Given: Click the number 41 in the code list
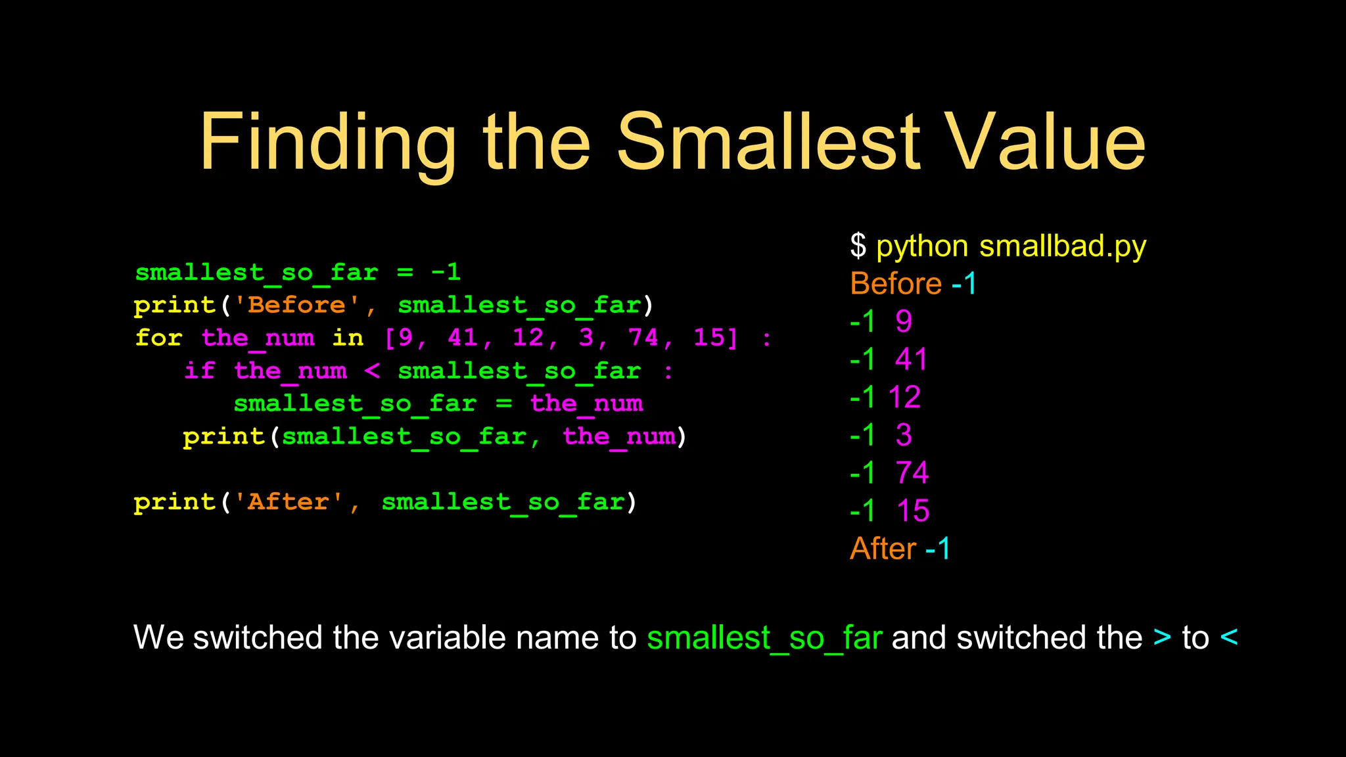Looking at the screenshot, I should point(463,338).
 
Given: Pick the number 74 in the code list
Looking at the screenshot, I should point(643,338).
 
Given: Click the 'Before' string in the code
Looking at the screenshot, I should point(297,305).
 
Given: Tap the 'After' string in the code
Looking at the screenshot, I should point(289,502).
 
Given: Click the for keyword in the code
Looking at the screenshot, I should point(158,338).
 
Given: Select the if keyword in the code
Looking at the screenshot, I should point(199,371).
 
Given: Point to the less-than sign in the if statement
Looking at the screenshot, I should point(372,371).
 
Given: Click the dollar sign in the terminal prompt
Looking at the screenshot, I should point(858,246).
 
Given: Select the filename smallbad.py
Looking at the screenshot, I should point(1062,246).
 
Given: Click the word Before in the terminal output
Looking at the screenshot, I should point(896,284).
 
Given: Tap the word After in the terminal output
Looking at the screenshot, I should point(883,549).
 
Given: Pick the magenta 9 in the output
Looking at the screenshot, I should point(904,322).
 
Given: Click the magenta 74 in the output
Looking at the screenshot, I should point(912,473).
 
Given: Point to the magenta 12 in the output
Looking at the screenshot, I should point(904,398).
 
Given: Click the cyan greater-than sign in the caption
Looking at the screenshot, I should point(1162,638).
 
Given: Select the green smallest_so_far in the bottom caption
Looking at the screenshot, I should point(764,638).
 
